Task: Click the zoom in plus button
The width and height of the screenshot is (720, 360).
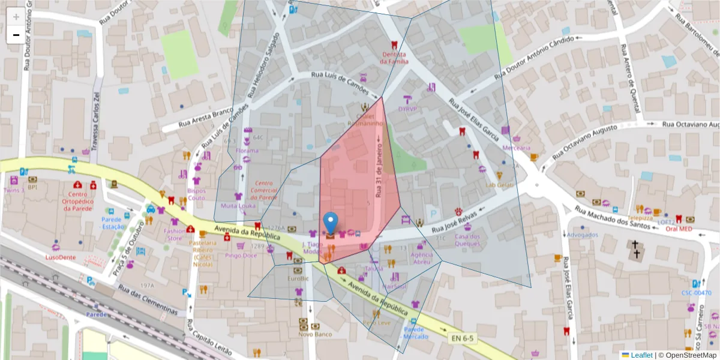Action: click(16, 17)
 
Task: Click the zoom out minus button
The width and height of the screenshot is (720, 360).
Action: click(16, 35)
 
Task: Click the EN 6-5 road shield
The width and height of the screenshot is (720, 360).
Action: click(462, 338)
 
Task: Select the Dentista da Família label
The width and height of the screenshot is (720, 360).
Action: click(394, 58)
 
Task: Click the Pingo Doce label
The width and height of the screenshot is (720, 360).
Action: click(241, 255)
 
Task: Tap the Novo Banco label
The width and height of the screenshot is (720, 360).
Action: click(315, 334)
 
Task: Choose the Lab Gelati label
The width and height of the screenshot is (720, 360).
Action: click(500, 185)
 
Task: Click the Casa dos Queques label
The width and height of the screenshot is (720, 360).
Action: click(467, 239)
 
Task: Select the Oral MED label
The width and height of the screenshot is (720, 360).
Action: click(679, 228)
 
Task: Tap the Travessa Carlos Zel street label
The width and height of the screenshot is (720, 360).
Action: click(95, 119)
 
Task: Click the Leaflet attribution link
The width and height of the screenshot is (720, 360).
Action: click(641, 355)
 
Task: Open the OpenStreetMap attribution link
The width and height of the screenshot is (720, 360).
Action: click(687, 355)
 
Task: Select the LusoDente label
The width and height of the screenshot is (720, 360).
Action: click(61, 257)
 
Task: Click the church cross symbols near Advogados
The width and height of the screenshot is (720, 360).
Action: click(635, 250)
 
